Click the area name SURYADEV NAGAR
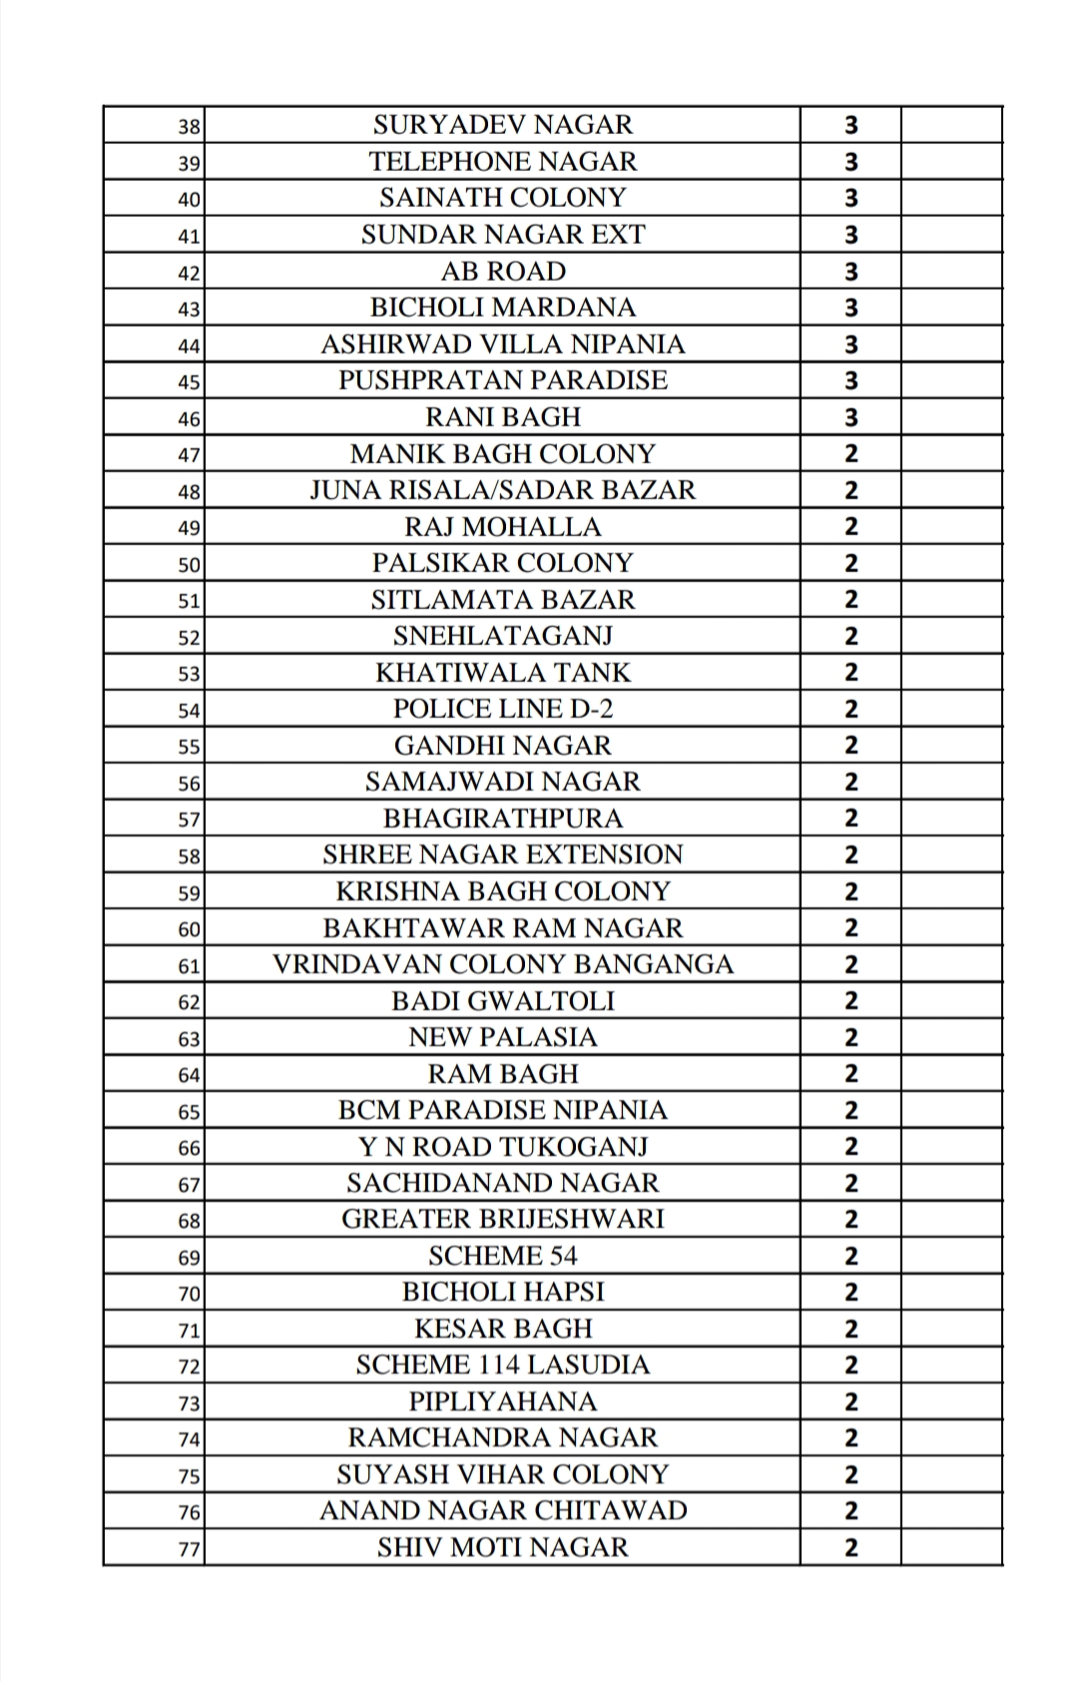pyautogui.click(x=502, y=125)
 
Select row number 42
pyautogui.click(x=189, y=273)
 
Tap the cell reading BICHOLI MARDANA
pyautogui.click(x=502, y=307)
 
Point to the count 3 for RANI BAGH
pyautogui.click(x=850, y=417)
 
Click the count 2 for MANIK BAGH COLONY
pyautogui.click(x=850, y=454)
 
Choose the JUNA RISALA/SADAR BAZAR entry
pyautogui.click(x=502, y=490)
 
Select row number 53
pyautogui.click(x=189, y=674)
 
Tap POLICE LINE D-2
pyautogui.click(x=502, y=709)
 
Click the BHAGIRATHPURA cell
pyautogui.click(x=502, y=819)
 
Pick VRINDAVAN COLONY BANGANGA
pyautogui.click(x=502, y=964)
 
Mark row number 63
pyautogui.click(x=189, y=1039)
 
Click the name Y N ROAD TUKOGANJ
pyautogui.click(x=502, y=1147)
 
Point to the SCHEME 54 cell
pyautogui.click(x=502, y=1256)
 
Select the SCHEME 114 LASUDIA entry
pyautogui.click(x=502, y=1365)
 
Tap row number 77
pyautogui.click(x=189, y=1550)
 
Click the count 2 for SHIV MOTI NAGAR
pyautogui.click(x=850, y=1548)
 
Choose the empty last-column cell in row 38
pyautogui.click(x=950, y=125)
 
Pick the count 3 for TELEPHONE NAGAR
pyautogui.click(x=850, y=162)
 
